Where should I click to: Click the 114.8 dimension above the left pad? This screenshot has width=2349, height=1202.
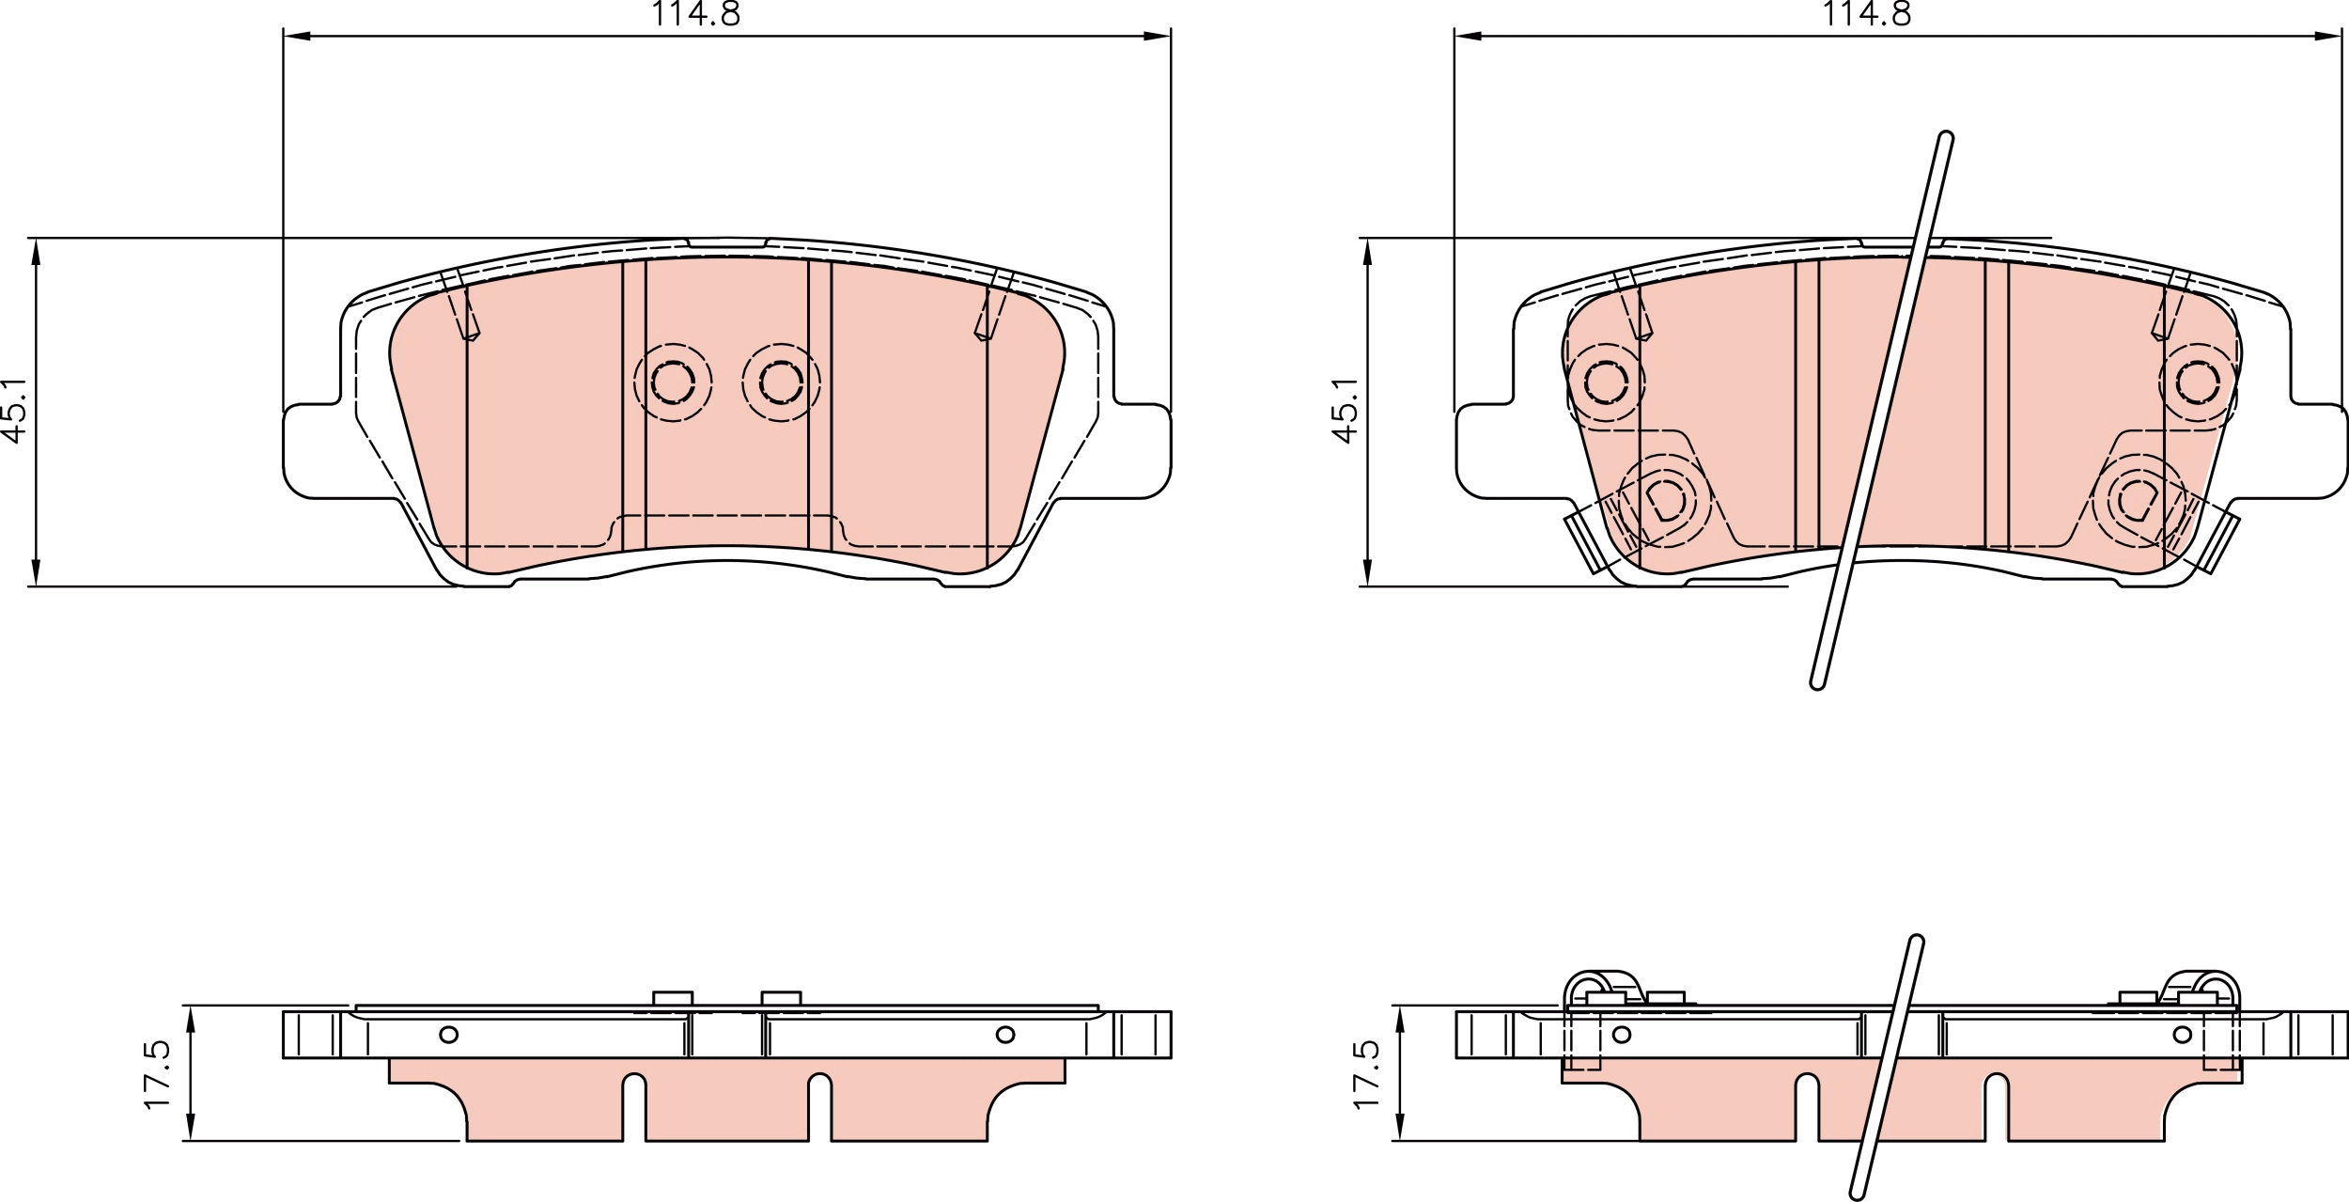696,13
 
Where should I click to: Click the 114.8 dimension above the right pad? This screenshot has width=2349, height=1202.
1867,13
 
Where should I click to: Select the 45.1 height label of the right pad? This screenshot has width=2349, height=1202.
1345,410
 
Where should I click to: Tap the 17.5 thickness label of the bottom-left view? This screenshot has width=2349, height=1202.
157,1074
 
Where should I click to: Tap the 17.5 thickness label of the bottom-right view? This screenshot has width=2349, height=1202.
1366,1074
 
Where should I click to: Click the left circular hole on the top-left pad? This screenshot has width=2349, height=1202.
673,382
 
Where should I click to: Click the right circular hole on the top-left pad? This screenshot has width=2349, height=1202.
781,382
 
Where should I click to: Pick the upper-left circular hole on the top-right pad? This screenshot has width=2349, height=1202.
1606,382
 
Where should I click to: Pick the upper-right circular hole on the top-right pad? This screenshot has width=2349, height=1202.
2199,382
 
